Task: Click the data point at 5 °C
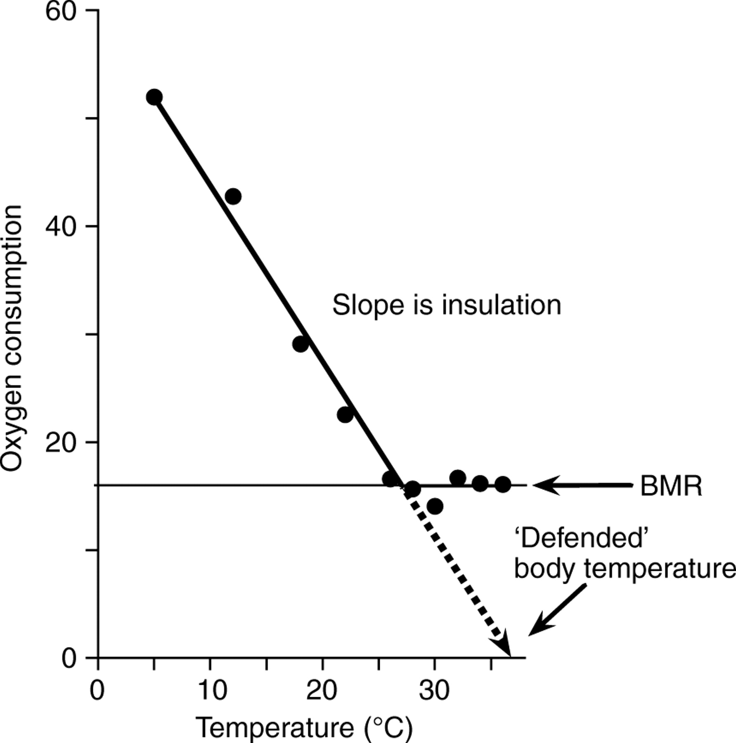(x=154, y=97)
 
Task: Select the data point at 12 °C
(x=233, y=196)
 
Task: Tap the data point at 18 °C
(x=301, y=343)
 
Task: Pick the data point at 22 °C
(x=345, y=414)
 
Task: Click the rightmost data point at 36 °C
(x=502, y=484)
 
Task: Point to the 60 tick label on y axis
(x=61, y=12)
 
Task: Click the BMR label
(x=671, y=486)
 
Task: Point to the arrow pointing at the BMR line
(x=582, y=485)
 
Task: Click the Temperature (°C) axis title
(x=304, y=728)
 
